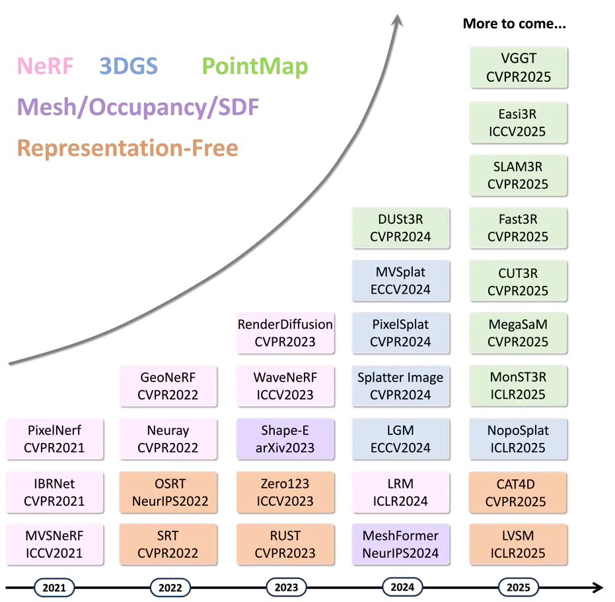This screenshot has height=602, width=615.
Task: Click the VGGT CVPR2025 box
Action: tap(519, 67)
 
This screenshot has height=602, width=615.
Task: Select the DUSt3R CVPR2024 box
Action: tap(400, 228)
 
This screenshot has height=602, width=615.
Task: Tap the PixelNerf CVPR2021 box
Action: tap(55, 439)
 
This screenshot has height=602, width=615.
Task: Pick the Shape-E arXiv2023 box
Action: tap(285, 439)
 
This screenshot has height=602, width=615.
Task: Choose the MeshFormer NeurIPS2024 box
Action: tap(400, 545)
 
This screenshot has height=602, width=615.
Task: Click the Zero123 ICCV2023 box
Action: tap(285, 492)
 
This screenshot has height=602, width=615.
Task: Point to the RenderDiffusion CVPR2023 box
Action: tap(285, 333)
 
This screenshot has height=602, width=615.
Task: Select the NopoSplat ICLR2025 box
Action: tap(518, 439)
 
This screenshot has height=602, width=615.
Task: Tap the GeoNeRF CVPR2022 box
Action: tap(168, 386)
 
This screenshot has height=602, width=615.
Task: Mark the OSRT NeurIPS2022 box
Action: tap(168, 492)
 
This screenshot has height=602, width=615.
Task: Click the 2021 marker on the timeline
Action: tap(54, 587)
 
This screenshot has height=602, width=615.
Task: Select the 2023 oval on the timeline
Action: tap(286, 587)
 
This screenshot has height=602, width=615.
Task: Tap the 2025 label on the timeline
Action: tap(518, 587)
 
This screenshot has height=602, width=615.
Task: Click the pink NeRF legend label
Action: tap(46, 66)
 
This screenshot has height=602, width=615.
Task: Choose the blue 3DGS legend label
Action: tap(129, 66)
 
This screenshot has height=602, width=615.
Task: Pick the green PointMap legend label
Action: tap(255, 67)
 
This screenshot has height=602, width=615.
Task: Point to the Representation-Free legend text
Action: tap(128, 148)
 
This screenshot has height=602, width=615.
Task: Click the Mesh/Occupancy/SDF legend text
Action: tap(138, 108)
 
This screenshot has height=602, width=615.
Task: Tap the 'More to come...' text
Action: tap(514, 24)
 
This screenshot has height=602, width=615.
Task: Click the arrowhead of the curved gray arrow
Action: tap(397, 20)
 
